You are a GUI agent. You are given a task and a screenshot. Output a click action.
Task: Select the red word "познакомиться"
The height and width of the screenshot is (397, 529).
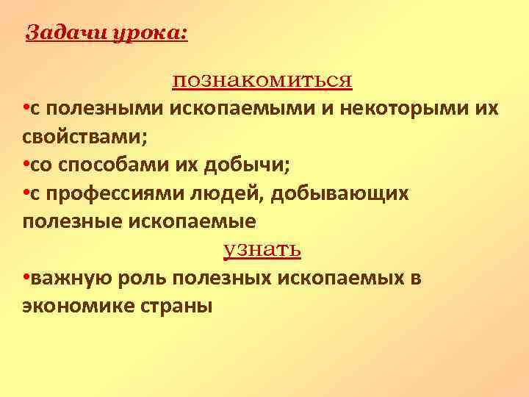tap(263, 79)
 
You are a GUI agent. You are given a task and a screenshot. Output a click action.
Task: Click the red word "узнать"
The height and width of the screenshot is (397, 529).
tap(262, 249)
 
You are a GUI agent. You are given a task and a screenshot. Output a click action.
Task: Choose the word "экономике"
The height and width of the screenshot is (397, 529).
tap(76, 307)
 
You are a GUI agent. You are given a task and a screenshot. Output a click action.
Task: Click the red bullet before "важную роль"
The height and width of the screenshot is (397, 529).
tap(26, 279)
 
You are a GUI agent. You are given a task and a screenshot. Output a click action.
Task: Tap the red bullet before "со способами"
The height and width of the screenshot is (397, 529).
tap(26, 165)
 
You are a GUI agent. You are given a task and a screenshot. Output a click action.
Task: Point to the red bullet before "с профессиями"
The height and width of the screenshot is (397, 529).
tap(26, 193)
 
